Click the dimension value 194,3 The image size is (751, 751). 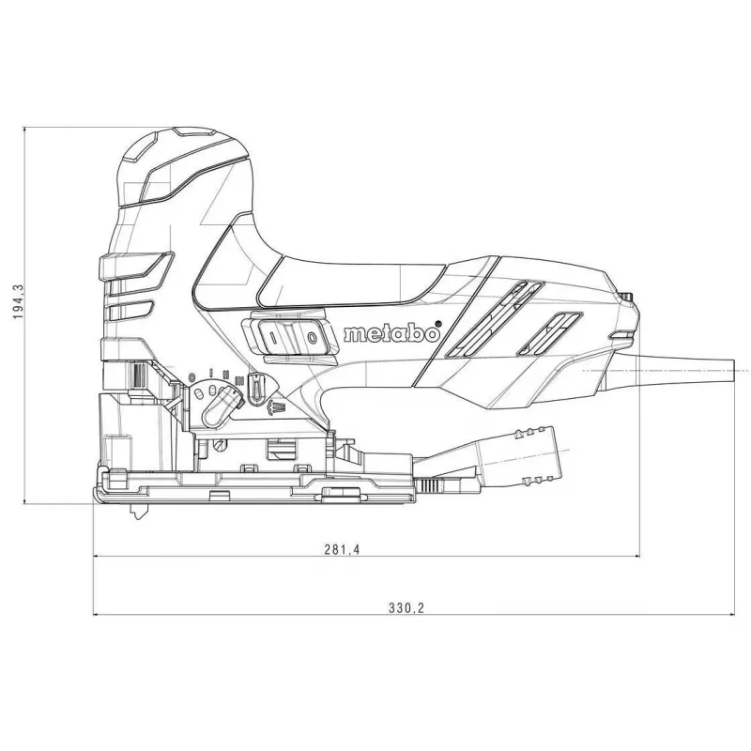[18, 301]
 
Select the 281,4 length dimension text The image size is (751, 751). [342, 549]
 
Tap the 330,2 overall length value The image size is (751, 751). [406, 607]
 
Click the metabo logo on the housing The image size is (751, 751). [391, 333]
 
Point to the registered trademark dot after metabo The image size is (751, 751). [437, 324]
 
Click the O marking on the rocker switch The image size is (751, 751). [313, 338]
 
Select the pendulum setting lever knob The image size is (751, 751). [220, 406]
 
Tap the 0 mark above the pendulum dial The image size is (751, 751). [192, 376]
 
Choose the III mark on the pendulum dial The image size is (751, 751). [240, 381]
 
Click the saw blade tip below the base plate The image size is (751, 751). [138, 513]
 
